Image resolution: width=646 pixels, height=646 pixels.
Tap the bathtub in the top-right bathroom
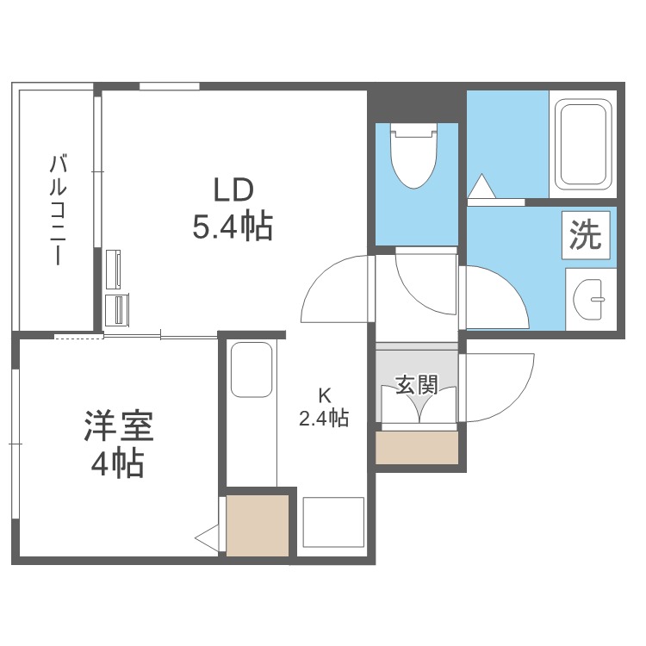pos(583,144)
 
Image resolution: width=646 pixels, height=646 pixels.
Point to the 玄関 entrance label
pos(417,385)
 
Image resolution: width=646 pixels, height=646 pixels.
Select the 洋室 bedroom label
pos(118,427)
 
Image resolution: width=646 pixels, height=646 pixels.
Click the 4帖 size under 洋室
pos(118,465)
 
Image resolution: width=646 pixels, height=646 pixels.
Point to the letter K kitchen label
pos(324,396)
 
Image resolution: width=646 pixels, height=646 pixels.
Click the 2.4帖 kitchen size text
pos(324,419)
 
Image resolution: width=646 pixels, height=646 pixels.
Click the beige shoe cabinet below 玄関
pos(417,448)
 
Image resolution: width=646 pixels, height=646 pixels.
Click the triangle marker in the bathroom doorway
pos(480,186)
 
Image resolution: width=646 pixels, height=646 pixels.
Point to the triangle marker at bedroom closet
pos(207,538)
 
